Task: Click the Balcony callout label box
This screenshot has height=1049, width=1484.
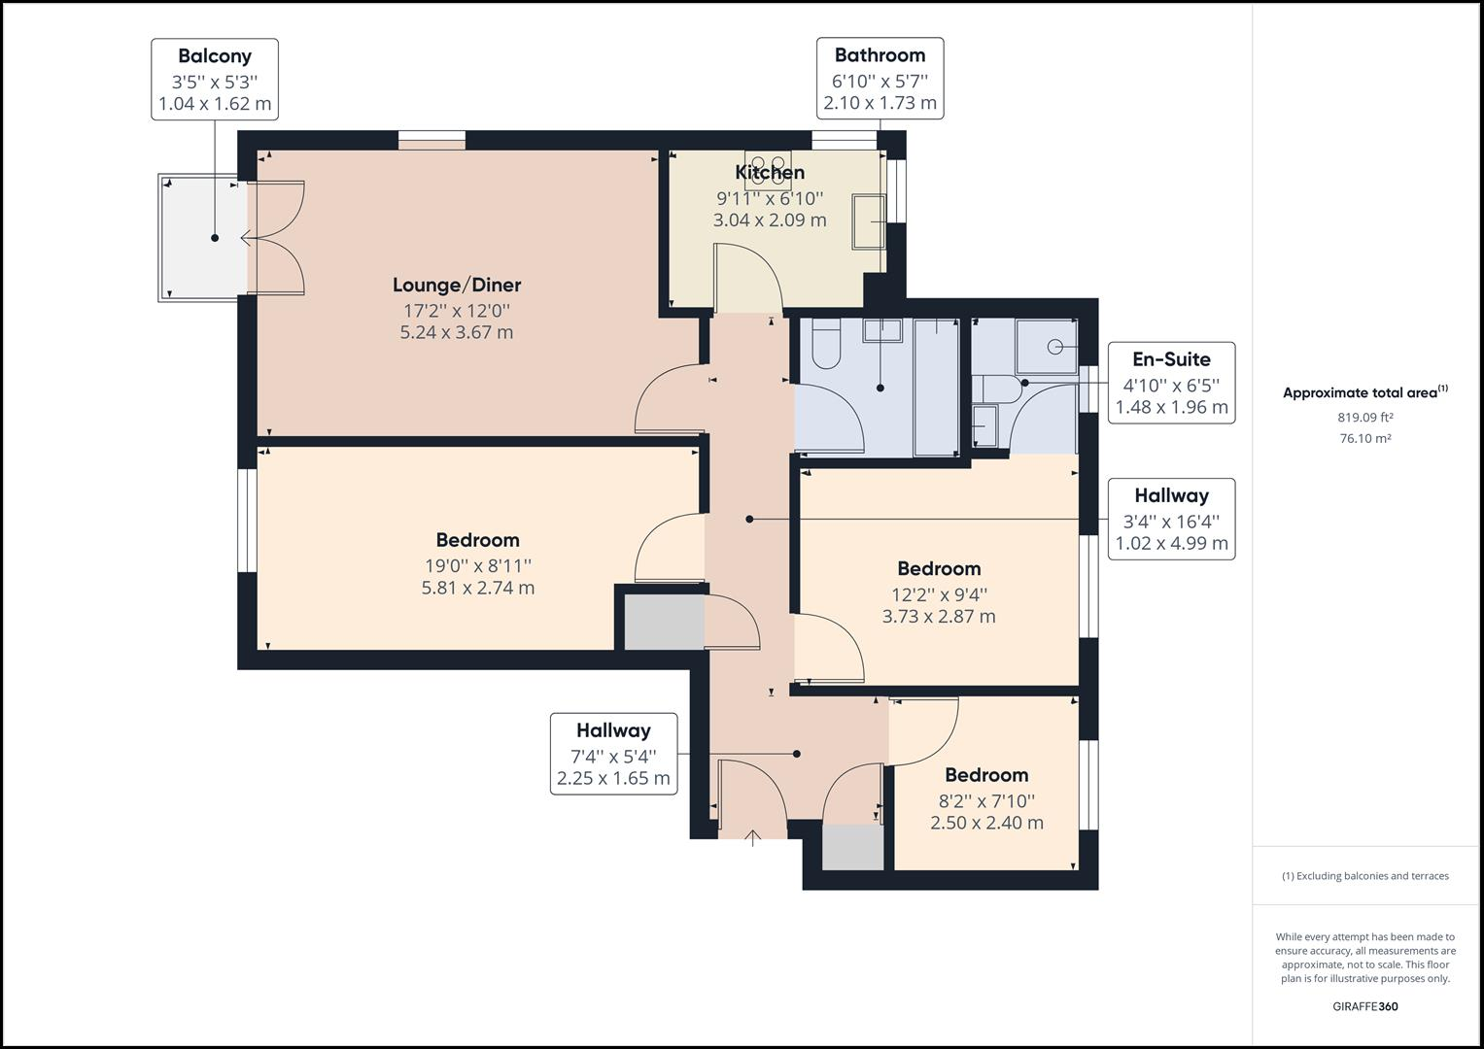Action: [x=215, y=80]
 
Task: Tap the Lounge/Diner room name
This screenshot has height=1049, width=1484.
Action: [x=457, y=285]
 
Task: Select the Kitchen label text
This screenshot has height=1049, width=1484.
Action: [x=770, y=173]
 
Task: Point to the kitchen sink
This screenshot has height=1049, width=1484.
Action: [x=869, y=222]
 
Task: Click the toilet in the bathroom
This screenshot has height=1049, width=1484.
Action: [x=826, y=345]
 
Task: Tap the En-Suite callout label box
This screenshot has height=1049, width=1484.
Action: [x=1171, y=383]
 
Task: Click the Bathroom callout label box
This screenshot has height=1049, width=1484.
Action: [x=880, y=79]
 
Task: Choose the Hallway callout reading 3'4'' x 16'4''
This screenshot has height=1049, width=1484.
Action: [x=1171, y=519]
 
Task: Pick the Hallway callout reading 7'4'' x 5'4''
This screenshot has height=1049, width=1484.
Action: [x=613, y=754]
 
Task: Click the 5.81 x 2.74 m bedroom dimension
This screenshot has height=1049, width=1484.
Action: [x=477, y=588]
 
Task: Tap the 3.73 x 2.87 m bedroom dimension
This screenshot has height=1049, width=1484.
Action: [x=938, y=616]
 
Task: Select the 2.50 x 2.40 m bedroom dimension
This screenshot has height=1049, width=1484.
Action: [x=986, y=823]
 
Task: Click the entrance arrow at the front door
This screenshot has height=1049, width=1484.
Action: [x=753, y=837]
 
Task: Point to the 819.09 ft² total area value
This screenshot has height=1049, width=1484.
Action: [x=1364, y=418]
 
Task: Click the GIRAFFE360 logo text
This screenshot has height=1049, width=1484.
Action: [x=1364, y=1006]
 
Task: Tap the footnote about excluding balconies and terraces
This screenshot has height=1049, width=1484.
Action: [x=1364, y=876]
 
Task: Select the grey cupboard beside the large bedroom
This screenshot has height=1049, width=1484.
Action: [x=664, y=623]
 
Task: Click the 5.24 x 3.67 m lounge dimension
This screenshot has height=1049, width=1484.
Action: [x=457, y=332]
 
